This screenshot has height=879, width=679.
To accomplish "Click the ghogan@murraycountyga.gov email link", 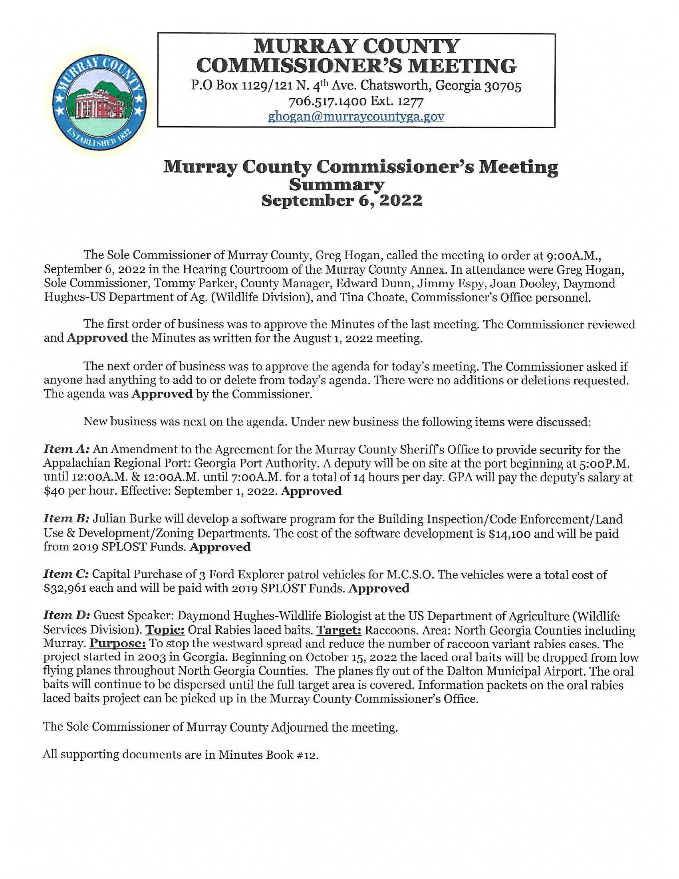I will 356,117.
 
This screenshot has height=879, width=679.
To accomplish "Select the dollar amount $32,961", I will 64,589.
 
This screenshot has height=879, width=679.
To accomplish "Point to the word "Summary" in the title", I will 337,185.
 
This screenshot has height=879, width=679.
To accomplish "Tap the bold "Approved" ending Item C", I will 379,589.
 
